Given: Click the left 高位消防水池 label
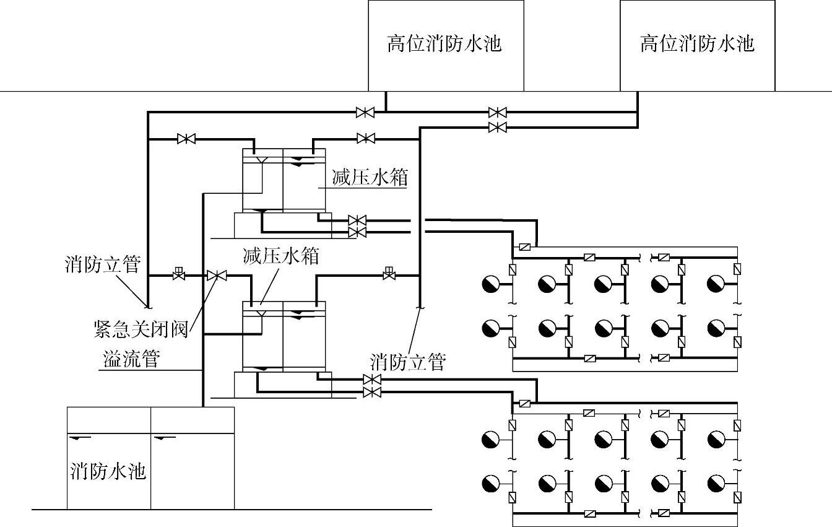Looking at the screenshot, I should coord(444,45).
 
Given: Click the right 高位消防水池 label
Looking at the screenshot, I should coord(697,44).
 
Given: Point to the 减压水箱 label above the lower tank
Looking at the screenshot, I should coord(281,256).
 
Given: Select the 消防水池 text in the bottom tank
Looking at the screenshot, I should coord(108,472).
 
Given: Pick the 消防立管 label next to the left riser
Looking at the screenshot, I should coord(103,264).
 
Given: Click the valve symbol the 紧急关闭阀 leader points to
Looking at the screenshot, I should coord(217,276).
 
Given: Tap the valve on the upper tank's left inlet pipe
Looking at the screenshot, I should coord(186,139).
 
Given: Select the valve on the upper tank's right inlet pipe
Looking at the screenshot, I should coord(366,138).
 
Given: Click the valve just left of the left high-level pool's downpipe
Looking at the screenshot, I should coord(365,112).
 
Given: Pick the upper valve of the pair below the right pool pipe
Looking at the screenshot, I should coord(496,112).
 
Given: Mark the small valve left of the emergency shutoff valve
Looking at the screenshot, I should coord(179,274).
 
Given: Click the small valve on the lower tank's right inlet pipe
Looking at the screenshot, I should coord(389,274).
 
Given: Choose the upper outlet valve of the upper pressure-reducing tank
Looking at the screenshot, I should coord(357,220).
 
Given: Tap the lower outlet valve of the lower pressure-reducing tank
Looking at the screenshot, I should coord(371,393).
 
